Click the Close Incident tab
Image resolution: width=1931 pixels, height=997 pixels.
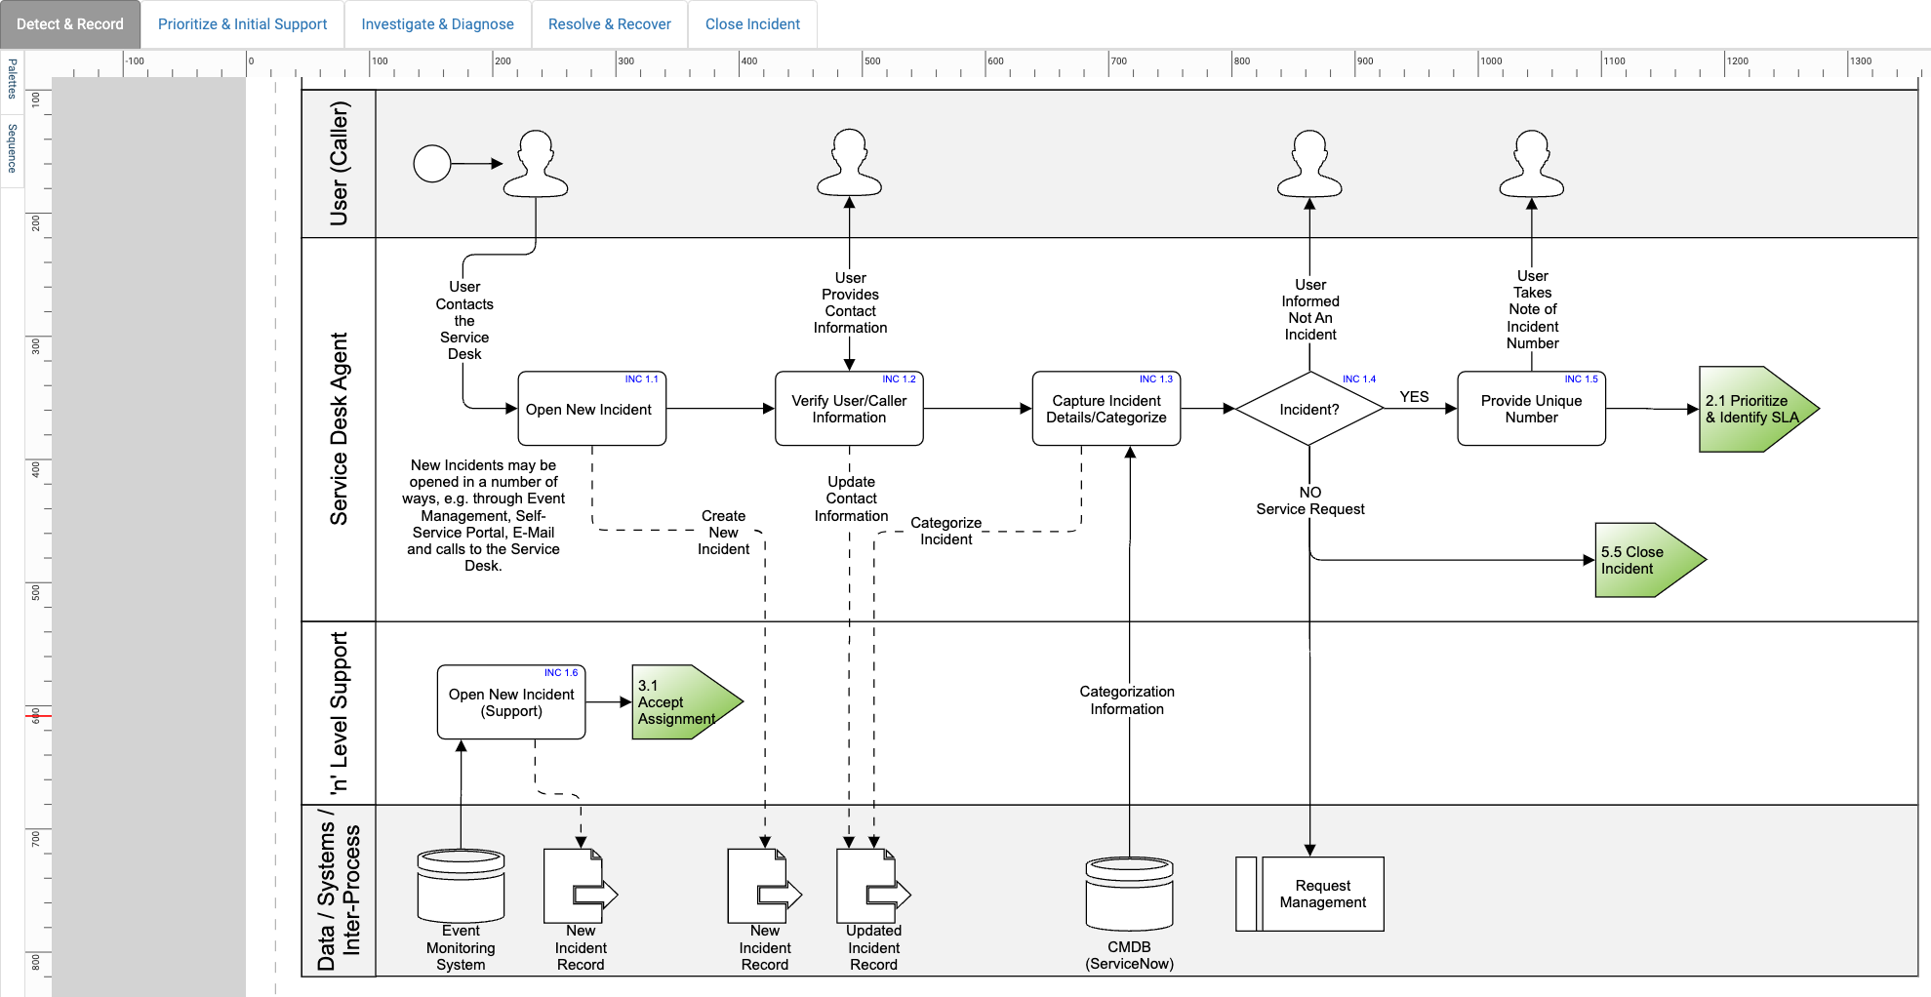(x=752, y=24)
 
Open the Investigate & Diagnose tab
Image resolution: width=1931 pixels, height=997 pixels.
(x=437, y=24)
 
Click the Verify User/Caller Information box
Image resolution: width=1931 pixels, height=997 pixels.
(x=849, y=409)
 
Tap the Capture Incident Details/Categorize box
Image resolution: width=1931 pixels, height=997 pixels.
(x=1106, y=409)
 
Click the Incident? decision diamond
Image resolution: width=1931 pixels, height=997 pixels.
(x=1308, y=410)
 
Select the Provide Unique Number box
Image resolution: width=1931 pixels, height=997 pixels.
(x=1531, y=409)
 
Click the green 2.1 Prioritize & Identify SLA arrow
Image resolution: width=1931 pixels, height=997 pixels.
(x=1751, y=409)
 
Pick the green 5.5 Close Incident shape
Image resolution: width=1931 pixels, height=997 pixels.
(x=1644, y=560)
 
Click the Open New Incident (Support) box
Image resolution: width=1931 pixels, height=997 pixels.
(x=511, y=702)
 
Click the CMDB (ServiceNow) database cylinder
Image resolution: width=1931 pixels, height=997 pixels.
(x=1129, y=894)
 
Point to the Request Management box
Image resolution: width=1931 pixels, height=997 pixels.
(x=1321, y=894)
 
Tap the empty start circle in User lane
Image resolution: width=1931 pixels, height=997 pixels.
(x=432, y=164)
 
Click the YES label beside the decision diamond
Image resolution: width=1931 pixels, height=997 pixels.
(x=1414, y=397)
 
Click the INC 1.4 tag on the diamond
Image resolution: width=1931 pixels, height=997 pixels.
(x=1358, y=379)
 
